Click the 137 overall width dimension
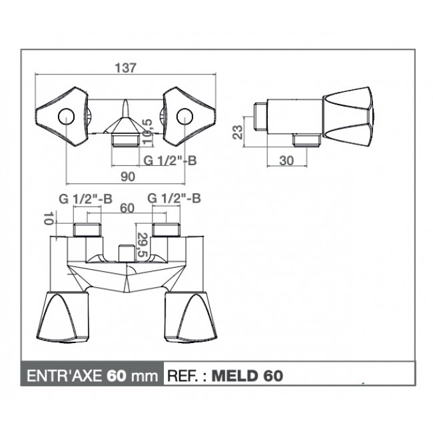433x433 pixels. (126, 68)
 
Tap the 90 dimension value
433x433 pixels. (128, 177)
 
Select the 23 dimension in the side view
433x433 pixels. (238, 132)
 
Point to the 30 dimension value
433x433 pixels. (286, 161)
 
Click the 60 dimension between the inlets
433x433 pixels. (127, 209)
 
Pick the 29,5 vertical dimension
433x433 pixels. (143, 245)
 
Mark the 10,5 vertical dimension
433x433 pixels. (147, 131)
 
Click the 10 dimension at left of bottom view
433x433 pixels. (48, 218)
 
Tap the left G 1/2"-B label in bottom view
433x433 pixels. (86, 199)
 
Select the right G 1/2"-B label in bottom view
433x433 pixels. (174, 199)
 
